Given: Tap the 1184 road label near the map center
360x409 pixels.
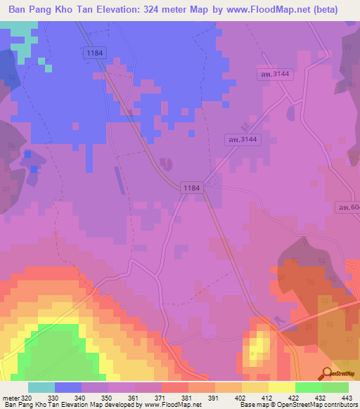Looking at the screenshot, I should tap(191, 188).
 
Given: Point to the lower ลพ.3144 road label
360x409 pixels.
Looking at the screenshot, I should tap(241, 140).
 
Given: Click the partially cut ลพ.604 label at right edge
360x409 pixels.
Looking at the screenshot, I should tap(348, 207).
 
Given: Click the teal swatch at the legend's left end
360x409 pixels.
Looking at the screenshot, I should tap(41, 387).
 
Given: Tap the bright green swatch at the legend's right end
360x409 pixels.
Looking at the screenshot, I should tap(335, 387).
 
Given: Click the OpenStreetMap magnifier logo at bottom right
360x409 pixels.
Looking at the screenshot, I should tap(327, 372).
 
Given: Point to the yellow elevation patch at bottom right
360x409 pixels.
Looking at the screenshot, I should tap(257, 344).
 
